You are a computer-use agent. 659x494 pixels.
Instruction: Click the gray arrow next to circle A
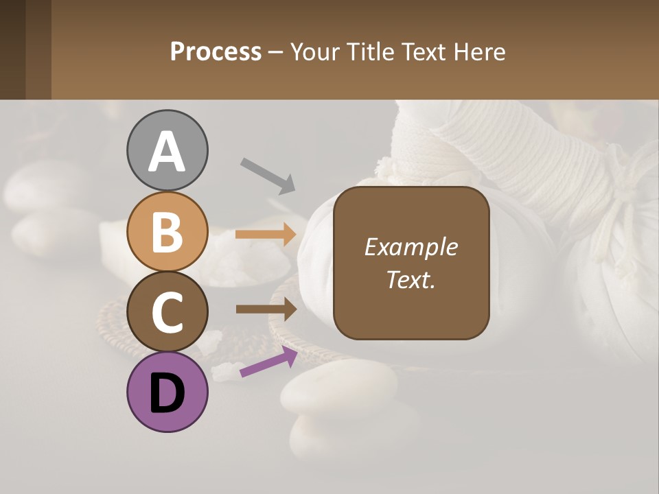pos(268,175)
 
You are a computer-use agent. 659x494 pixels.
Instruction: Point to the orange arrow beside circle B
pos(266,235)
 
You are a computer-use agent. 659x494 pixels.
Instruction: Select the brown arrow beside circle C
pos(266,309)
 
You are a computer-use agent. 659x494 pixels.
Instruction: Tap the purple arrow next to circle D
pos(268,362)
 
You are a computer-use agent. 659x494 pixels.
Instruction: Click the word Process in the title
pos(216,52)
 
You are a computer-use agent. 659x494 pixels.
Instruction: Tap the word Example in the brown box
pos(411,247)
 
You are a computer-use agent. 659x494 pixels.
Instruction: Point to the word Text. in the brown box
pos(411,279)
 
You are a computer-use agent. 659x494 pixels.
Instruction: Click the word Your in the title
pos(315,52)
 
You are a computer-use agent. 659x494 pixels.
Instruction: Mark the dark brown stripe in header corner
pos(12,49)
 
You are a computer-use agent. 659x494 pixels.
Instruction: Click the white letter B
pos(167,232)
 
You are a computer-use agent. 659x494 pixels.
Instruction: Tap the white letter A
pos(167,152)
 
